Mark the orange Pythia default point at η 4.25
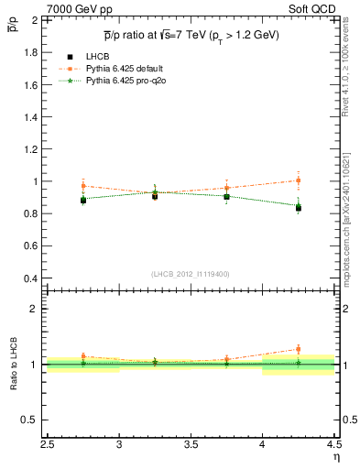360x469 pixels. [298, 180]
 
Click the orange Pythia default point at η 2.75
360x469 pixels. [83, 186]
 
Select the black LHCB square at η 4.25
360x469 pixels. [298, 208]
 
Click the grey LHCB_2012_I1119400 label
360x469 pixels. [190, 274]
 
